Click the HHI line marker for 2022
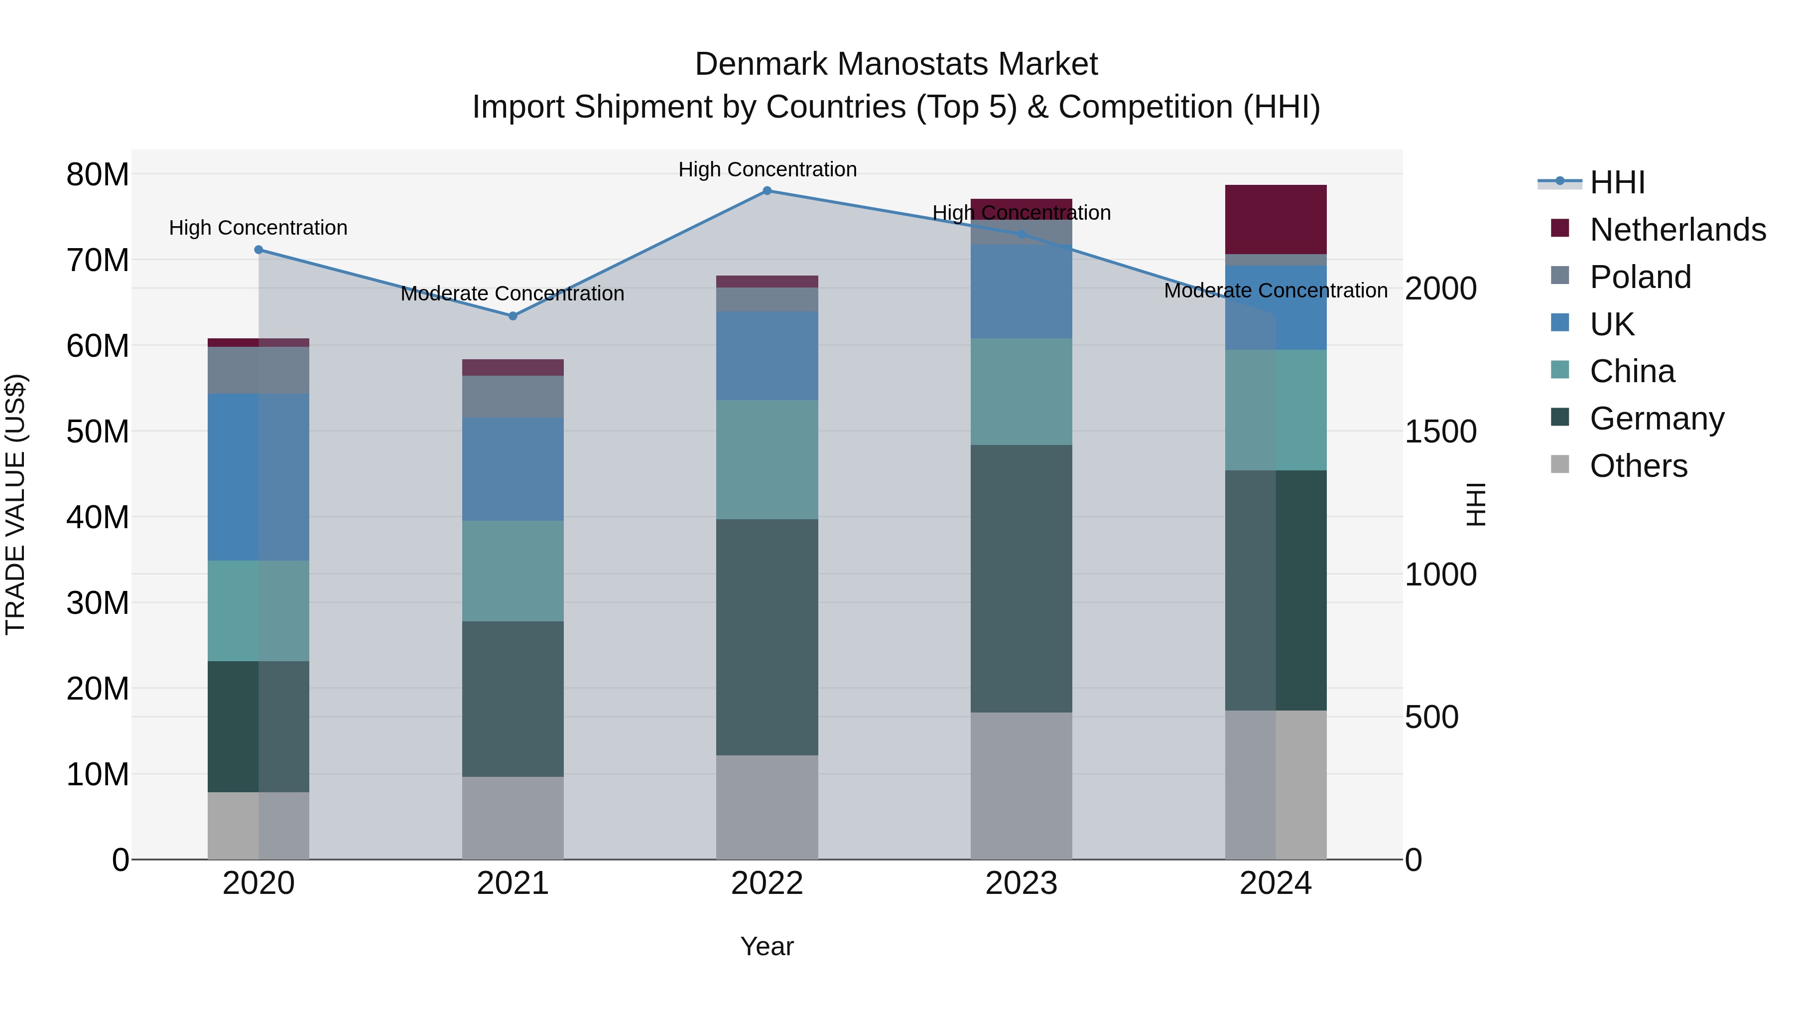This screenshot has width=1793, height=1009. (x=767, y=191)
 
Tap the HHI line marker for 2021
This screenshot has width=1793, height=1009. (x=513, y=316)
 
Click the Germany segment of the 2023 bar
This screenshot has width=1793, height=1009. (x=1021, y=578)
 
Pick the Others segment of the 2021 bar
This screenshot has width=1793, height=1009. (x=513, y=818)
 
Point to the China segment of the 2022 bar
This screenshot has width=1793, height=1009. (x=767, y=459)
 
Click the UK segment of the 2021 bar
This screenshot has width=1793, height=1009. (x=513, y=469)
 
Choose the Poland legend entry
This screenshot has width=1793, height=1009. (x=1640, y=277)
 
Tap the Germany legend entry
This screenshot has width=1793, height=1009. (x=1657, y=419)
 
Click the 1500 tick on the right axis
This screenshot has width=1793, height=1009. (x=1440, y=432)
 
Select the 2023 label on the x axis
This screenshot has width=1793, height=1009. (x=1021, y=883)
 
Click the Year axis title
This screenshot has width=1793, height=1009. (x=767, y=946)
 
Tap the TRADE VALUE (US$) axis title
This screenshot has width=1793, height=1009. (x=15, y=504)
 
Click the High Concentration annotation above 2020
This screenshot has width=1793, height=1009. (x=258, y=228)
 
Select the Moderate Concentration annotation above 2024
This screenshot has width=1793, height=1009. (x=1276, y=290)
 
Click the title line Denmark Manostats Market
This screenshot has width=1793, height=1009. (x=896, y=64)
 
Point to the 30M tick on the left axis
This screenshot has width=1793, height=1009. (x=98, y=603)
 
